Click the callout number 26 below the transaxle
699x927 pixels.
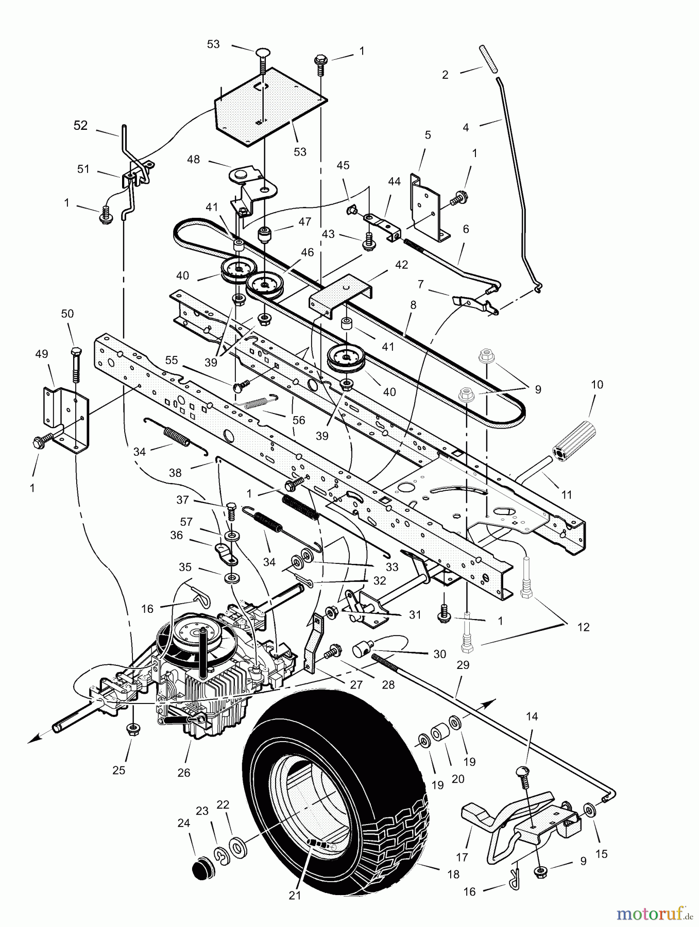(x=183, y=772)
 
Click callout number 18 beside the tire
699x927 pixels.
(x=453, y=874)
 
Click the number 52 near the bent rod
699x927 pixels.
(x=80, y=126)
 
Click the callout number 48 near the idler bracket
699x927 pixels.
(x=193, y=160)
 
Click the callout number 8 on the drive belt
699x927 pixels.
(x=412, y=305)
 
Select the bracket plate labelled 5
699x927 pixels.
(x=425, y=206)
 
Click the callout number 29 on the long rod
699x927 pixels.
(x=463, y=665)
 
